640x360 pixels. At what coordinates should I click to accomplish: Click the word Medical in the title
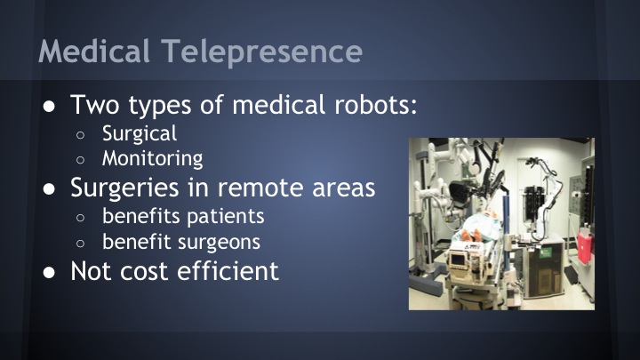tap(92, 51)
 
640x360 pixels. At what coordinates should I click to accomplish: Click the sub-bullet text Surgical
tap(140, 134)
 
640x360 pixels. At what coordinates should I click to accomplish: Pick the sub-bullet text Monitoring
tap(152, 159)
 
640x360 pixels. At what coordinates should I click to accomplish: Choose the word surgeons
tap(226, 241)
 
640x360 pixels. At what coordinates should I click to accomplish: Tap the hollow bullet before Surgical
tap(80, 135)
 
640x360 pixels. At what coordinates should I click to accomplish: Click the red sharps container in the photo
tap(585, 248)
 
